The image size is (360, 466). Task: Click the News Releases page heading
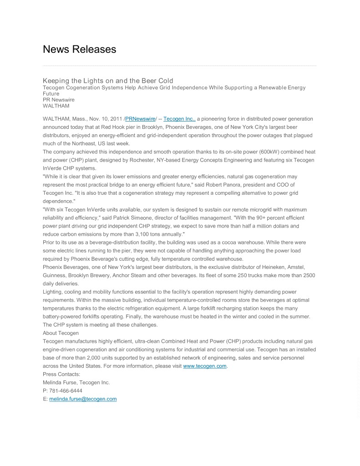tap(79, 49)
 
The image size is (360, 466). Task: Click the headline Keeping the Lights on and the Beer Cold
tap(108, 81)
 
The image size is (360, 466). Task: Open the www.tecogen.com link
tap(204, 366)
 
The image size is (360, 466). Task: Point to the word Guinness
tap(55, 275)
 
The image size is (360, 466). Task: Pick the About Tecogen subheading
tap(61, 333)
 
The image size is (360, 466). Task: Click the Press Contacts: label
tap(61, 374)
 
